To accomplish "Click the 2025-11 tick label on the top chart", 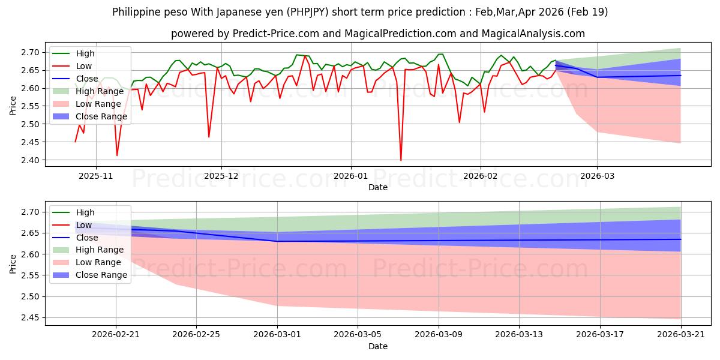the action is tap(96, 176).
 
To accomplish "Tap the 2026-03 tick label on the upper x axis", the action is tap(597, 176).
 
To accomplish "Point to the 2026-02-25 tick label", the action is tap(196, 335).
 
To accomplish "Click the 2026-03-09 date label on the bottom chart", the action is tap(439, 335).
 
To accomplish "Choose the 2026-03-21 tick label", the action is tap(681, 335).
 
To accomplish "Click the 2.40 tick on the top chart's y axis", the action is tap(30, 160).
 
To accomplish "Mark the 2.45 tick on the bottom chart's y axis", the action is tap(30, 318).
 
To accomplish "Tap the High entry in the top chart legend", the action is tap(85, 53).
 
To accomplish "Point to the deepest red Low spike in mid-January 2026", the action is tap(401, 160).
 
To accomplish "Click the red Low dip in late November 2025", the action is tap(209, 137).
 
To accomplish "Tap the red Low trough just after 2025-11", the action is tap(116, 155).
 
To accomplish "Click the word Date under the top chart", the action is tap(377, 187).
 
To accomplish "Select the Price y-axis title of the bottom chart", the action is tap(13, 264).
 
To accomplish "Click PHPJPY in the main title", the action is tap(308, 12).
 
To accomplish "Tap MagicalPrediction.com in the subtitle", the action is tap(400, 34).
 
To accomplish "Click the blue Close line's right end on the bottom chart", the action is tap(681, 239).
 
